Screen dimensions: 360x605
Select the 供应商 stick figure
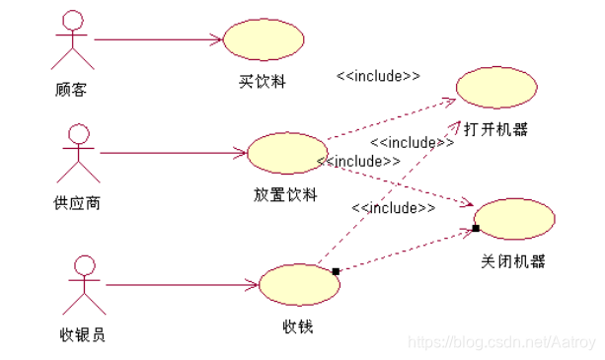pyautogui.click(x=78, y=154)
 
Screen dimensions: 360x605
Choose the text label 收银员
pyautogui.click(x=83, y=334)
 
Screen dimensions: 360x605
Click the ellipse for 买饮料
pyautogui.click(x=263, y=39)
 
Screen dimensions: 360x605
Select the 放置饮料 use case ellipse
pyautogui.click(x=286, y=154)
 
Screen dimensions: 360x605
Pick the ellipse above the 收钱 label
pyautogui.click(x=298, y=284)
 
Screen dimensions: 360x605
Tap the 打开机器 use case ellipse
pyautogui.click(x=496, y=87)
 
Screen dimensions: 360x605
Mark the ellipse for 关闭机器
pyautogui.click(x=514, y=219)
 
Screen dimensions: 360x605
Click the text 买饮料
pyautogui.click(x=263, y=81)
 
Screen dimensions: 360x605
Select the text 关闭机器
pyautogui.click(x=513, y=261)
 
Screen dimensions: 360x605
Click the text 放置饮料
pyautogui.click(x=285, y=195)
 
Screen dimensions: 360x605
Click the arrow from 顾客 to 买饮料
pyautogui.click(x=158, y=39)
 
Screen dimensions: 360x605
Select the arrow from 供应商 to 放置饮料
pyautogui.click(x=173, y=153)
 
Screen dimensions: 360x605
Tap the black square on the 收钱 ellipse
pyautogui.click(x=336, y=271)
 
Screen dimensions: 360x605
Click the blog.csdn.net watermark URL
pyautogui.click(x=502, y=341)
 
